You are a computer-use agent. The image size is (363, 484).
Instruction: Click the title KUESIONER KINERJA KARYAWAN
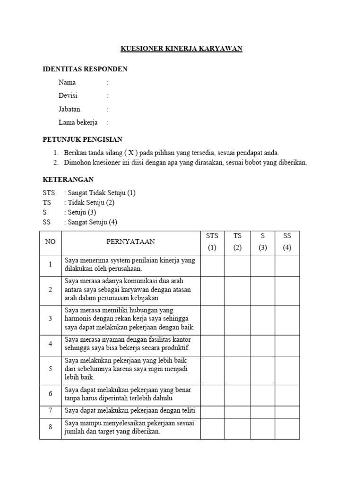pyautogui.click(x=181, y=49)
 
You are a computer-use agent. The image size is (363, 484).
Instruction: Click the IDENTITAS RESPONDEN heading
pyautogui.click(x=85, y=69)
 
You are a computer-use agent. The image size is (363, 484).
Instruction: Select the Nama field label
pyautogui.click(x=67, y=82)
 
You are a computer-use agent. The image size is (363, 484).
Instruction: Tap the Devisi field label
pyautogui.click(x=68, y=95)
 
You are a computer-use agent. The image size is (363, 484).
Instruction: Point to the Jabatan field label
pyautogui.click(x=69, y=109)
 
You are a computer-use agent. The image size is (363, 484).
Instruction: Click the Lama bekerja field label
pyautogui.click(x=78, y=122)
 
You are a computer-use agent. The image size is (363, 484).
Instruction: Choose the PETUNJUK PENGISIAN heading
pyautogui.click(x=82, y=139)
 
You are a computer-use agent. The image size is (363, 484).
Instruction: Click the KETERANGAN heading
pyautogui.click(x=68, y=180)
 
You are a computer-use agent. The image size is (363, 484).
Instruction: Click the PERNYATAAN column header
pyautogui.click(x=130, y=242)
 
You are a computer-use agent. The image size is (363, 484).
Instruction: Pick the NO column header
pyautogui.click(x=50, y=242)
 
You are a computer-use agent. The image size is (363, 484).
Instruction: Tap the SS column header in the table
pyautogui.click(x=287, y=235)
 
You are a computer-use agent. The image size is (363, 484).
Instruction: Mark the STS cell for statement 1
pyautogui.click(x=212, y=266)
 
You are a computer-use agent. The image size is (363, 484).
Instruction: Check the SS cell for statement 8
pyautogui.click(x=287, y=428)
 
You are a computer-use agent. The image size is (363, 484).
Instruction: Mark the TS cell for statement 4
pyautogui.click(x=237, y=345)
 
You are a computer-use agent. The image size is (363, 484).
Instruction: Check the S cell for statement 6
pyautogui.click(x=263, y=394)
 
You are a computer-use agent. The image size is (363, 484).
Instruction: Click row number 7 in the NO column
pyautogui.click(x=50, y=411)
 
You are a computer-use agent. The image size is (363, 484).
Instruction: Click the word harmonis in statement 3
pyautogui.click(x=77, y=319)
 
